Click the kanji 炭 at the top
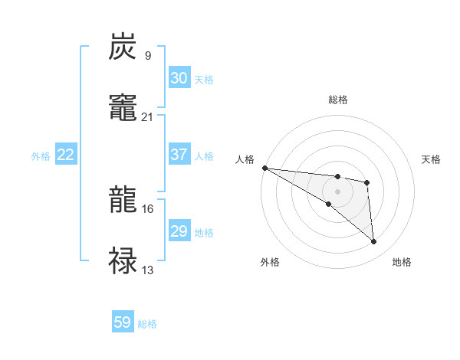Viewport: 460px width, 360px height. pos(123,47)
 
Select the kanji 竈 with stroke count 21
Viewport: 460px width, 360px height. pos(123,107)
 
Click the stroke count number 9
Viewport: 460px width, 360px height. pos(147,55)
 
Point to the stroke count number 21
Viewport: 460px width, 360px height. pos(147,116)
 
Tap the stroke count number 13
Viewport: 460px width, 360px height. pos(147,270)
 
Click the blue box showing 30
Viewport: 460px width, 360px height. pos(179,78)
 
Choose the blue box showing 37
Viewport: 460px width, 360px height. pos(179,155)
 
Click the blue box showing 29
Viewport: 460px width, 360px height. pos(179,231)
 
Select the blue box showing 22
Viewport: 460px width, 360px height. pos(66,155)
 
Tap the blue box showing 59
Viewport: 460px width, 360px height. pos(122,323)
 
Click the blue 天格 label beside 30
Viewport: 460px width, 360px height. pos(204,79)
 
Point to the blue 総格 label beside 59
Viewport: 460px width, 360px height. pos(147,324)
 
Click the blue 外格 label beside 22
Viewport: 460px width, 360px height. pos(41,155)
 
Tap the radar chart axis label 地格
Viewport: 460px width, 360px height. pos(402,262)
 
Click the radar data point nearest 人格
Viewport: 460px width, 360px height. pos(264,168)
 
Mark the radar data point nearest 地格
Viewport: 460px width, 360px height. pos(373,242)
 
